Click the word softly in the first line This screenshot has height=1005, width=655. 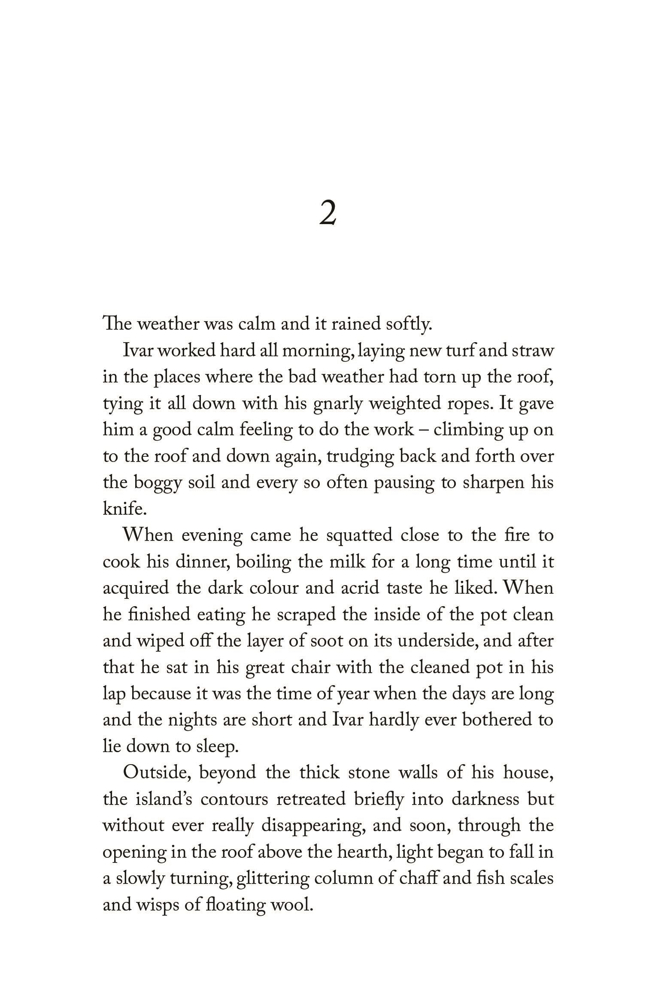pos(408,325)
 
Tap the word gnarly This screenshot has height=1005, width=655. pos(337,404)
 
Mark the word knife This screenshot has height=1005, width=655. pos(124,509)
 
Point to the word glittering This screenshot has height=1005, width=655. pos(272,879)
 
